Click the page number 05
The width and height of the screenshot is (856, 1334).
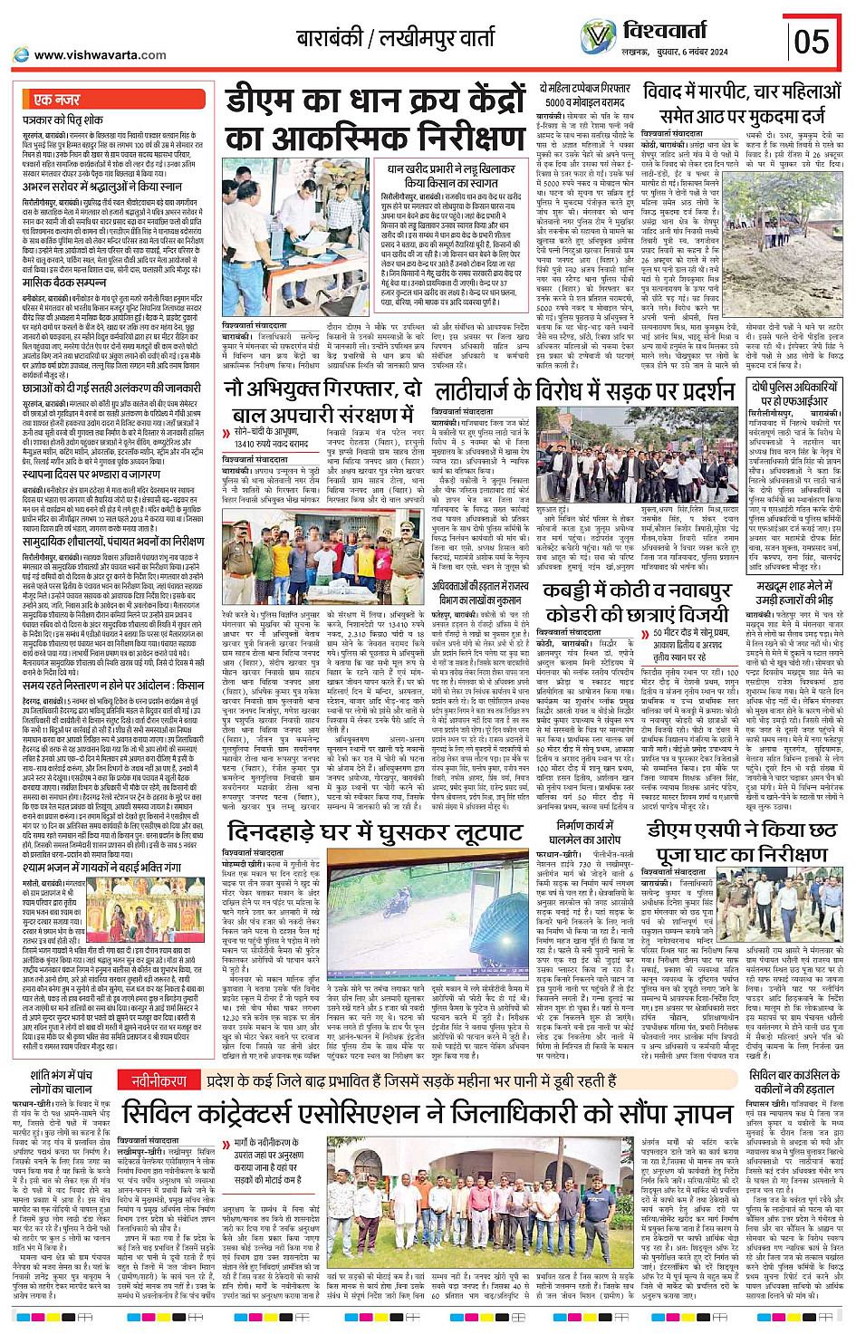(x=812, y=42)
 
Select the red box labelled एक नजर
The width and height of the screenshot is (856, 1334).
(x=56, y=100)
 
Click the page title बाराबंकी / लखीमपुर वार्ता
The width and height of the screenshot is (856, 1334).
(x=396, y=39)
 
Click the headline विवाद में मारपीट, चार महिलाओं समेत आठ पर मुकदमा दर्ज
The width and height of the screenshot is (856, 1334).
(x=743, y=103)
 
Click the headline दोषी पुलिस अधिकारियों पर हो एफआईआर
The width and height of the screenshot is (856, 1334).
(x=793, y=394)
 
